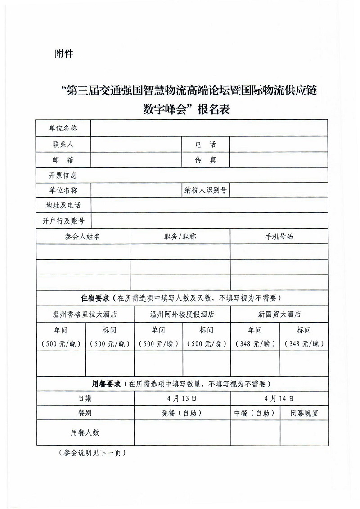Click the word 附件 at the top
click(63, 54)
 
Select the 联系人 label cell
click(63, 144)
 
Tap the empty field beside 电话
click(279, 144)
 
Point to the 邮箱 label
click(63, 160)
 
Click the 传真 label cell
click(206, 160)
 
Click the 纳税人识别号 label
click(206, 190)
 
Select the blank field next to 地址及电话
click(209, 206)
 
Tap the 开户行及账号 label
click(63, 221)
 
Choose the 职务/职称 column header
click(180, 236)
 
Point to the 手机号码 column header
click(279, 236)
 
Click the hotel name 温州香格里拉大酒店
click(85, 314)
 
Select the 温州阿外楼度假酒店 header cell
click(182, 314)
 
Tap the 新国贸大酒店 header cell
click(279, 314)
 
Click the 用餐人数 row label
click(85, 432)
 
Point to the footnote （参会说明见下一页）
click(92, 453)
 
